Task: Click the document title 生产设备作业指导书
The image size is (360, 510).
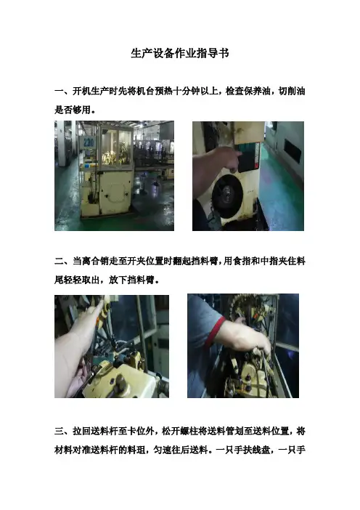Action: tap(180, 53)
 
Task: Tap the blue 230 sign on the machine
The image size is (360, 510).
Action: tap(89, 142)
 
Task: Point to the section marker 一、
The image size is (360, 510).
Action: tap(63, 91)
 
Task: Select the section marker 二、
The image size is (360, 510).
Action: tap(63, 262)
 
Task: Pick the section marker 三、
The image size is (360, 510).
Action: tap(63, 432)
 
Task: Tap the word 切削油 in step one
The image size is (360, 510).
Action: tap(292, 91)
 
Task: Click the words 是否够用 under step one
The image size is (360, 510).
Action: tap(73, 110)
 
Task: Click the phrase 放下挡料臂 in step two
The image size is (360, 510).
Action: tap(131, 280)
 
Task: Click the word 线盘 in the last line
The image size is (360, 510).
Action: tap(261, 450)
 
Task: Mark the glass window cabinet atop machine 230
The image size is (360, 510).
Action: tap(116, 147)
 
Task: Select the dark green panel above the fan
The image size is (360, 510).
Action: tap(248, 157)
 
